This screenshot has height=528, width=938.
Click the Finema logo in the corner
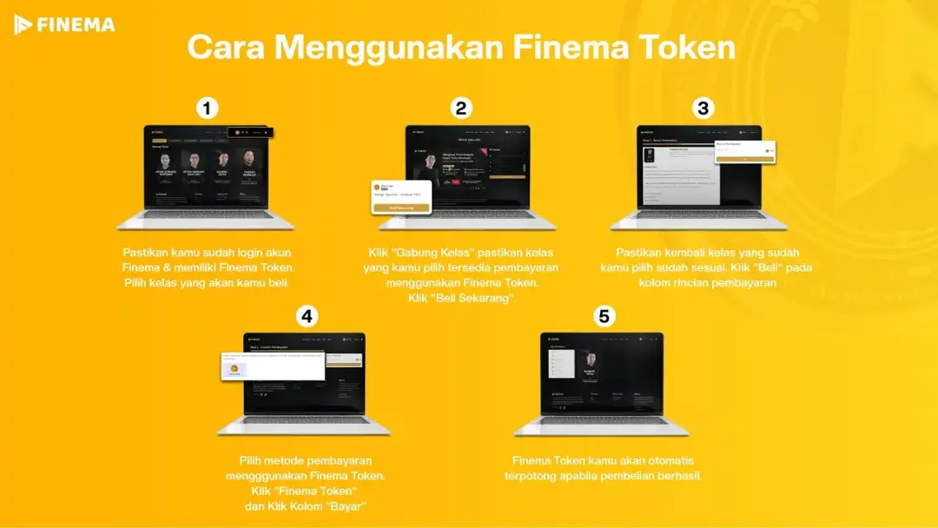point(64,24)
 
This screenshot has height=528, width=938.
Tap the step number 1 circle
point(207,109)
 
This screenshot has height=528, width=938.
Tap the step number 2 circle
point(461,109)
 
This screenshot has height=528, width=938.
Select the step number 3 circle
point(703,109)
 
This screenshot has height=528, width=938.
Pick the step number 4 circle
point(305,316)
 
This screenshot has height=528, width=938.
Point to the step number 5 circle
point(604,316)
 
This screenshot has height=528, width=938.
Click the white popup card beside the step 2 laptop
point(400,196)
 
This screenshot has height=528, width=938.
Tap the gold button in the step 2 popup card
point(400,208)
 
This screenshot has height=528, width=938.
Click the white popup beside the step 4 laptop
point(273,366)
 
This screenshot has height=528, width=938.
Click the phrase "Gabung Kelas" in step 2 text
point(425,253)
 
